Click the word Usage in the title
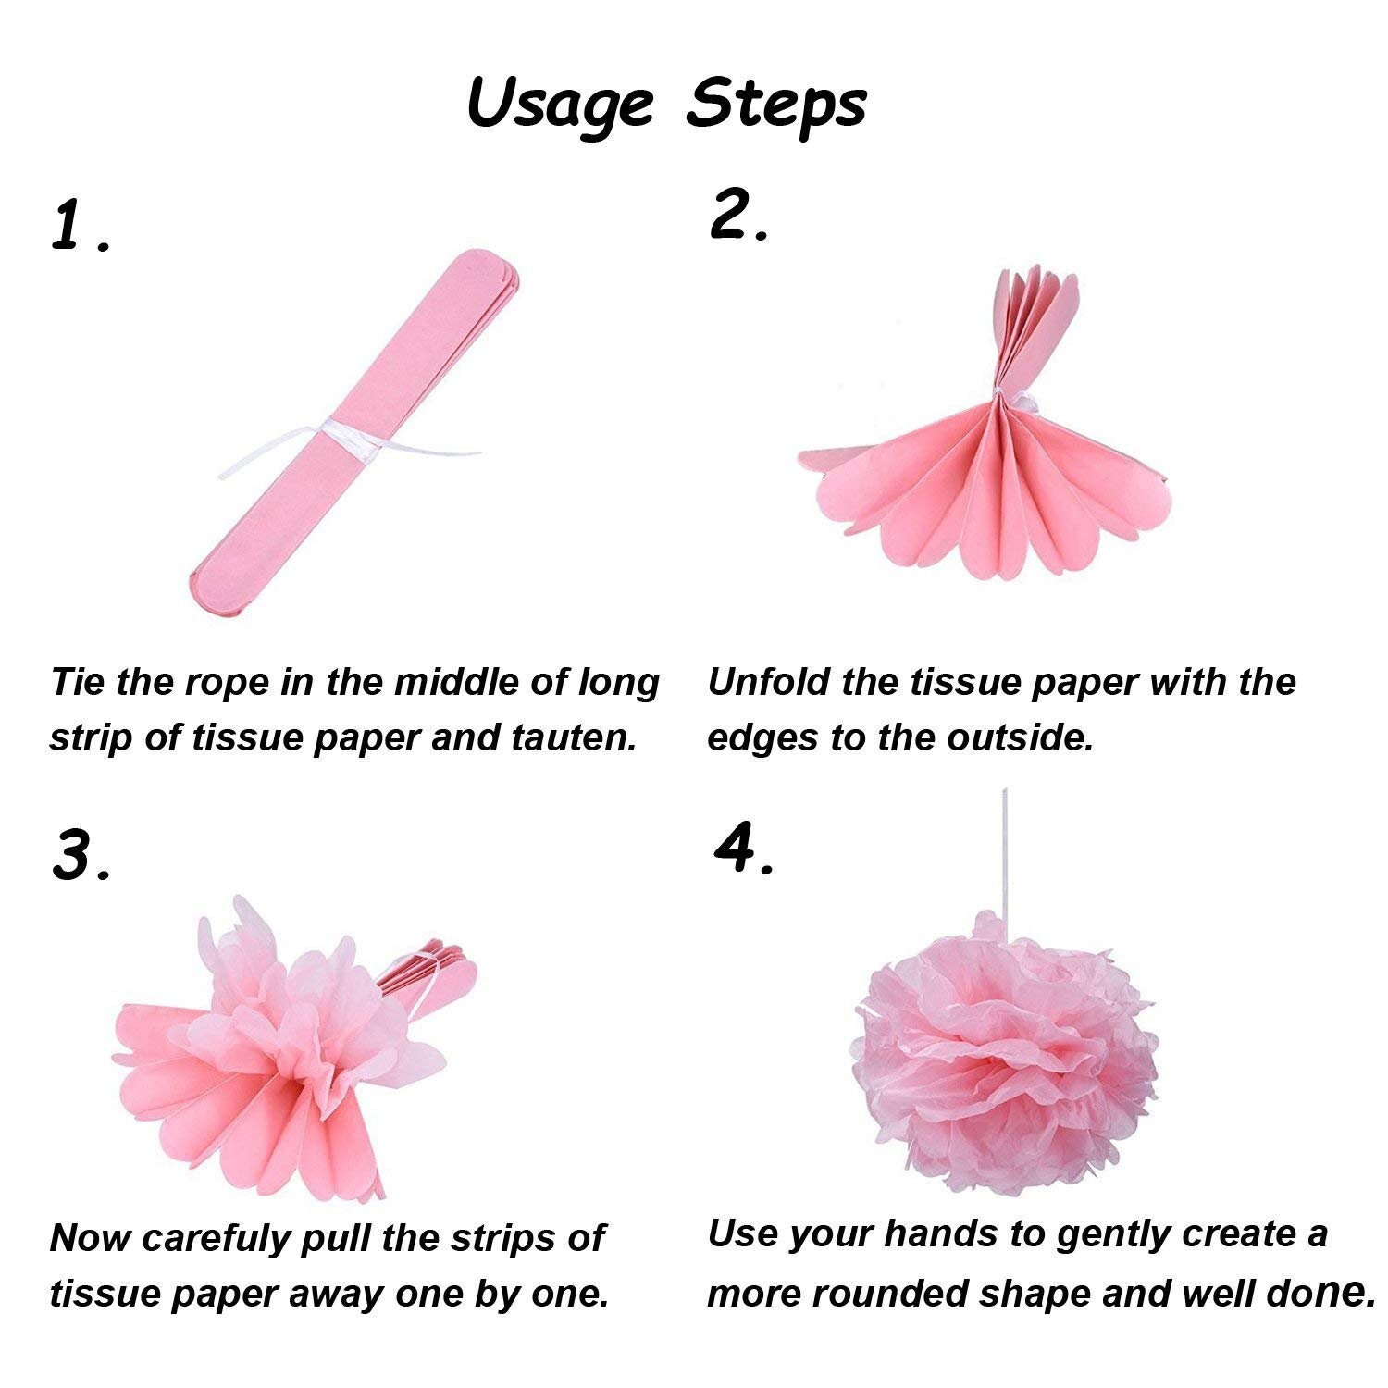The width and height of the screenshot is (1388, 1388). point(560,104)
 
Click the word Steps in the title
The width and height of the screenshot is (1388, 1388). point(775,104)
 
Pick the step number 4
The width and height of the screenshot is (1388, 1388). point(737,849)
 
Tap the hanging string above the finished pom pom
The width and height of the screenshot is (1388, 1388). point(1004,851)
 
